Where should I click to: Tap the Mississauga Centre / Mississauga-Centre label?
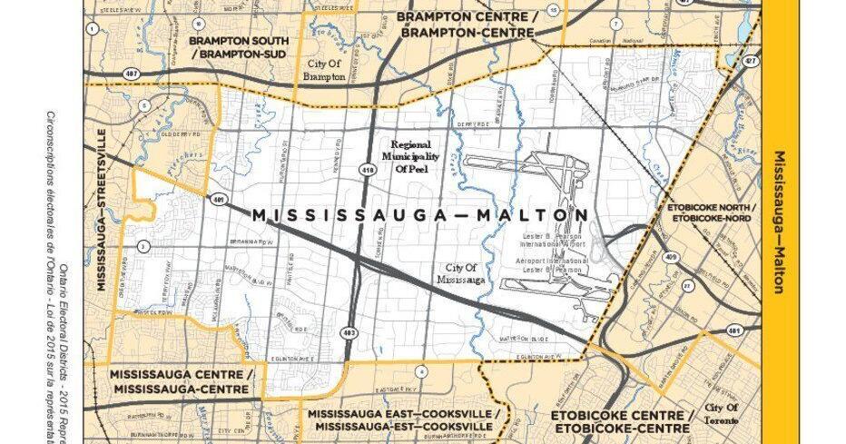pos(178,380)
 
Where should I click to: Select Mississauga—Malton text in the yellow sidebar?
pos(779,222)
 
